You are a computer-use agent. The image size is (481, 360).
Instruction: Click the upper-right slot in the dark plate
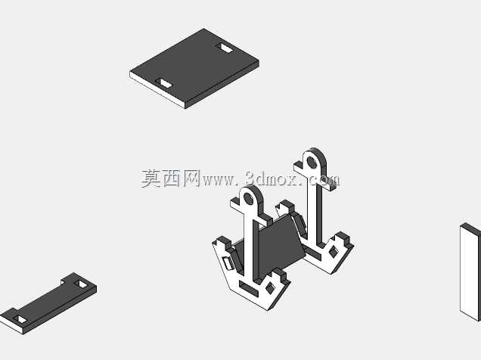[225, 48]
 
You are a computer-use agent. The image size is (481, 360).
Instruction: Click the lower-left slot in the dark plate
[164, 83]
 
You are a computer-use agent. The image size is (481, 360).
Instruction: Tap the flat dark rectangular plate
[194, 68]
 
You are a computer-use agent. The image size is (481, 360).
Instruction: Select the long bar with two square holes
[48, 303]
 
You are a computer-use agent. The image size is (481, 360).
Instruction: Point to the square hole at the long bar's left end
[20, 319]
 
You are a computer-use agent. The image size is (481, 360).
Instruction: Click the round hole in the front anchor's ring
[249, 200]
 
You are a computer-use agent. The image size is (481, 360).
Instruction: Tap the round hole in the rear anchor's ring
[312, 163]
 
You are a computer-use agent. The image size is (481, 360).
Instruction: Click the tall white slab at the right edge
[470, 272]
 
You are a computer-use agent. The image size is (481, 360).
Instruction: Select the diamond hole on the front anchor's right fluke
[270, 288]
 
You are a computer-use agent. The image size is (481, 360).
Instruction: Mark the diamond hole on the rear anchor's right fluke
[333, 252]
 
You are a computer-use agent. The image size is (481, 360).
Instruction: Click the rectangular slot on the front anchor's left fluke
[228, 262]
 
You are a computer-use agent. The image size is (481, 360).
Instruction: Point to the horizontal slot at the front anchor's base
[249, 289]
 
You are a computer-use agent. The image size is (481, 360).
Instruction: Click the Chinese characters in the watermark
[171, 178]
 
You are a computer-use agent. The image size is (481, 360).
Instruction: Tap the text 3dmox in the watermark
[272, 178]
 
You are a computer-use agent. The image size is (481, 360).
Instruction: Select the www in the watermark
[218, 181]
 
